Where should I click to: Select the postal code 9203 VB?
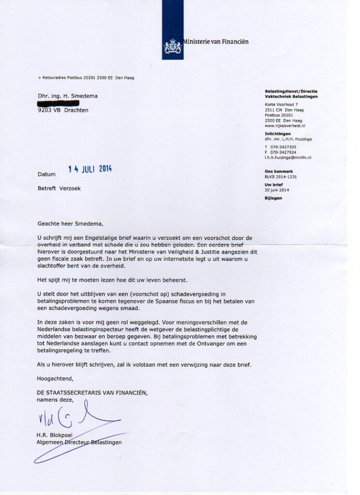point(48,110)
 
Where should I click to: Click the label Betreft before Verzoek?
point(47,189)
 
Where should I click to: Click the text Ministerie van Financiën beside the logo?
point(216,42)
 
